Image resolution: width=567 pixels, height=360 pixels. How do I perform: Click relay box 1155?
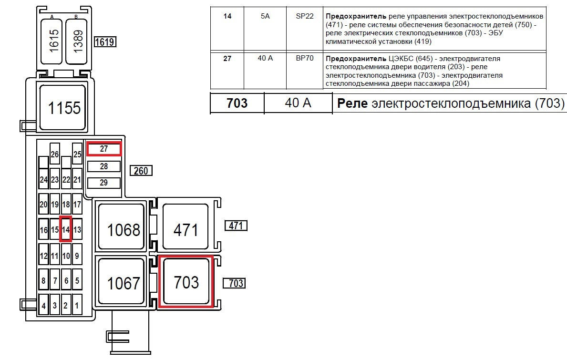pos(63,108)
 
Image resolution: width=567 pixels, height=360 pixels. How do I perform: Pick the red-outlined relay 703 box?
pos(186,282)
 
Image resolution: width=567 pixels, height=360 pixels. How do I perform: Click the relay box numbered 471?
pos(186,230)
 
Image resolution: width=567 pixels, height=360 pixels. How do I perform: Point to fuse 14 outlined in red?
pos(66,230)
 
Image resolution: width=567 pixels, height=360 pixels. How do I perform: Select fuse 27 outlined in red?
pos(104,149)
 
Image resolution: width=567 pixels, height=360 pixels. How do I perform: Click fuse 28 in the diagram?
pos(104,166)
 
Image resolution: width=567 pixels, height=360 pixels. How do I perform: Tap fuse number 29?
pos(104,183)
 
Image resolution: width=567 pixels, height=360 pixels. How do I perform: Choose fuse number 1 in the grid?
pos(77,305)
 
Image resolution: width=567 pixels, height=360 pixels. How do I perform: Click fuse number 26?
pos(55,154)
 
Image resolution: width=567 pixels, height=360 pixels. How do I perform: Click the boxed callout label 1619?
pos(105,42)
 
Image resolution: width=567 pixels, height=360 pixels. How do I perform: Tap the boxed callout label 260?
pos(141,170)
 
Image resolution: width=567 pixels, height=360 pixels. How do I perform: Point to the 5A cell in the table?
pos(265,16)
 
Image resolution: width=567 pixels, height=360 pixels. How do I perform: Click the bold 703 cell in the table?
pos(237,103)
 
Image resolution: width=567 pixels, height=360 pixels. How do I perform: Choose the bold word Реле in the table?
pos(353,103)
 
